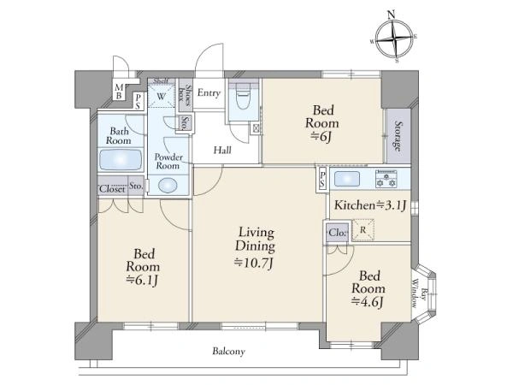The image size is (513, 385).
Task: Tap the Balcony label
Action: click(x=228, y=352)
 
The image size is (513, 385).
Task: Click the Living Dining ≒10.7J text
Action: click(x=255, y=247)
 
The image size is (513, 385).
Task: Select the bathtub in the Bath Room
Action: click(x=121, y=160)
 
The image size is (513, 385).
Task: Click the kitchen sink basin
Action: click(x=347, y=179)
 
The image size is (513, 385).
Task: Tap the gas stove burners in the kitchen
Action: click(x=386, y=179)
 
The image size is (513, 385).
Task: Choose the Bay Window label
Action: click(x=419, y=293)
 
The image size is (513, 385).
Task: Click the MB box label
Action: click(x=119, y=92)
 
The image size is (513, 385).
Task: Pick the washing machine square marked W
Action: click(x=162, y=96)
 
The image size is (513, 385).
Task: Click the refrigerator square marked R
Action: click(x=363, y=230)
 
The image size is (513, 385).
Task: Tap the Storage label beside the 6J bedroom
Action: click(x=398, y=136)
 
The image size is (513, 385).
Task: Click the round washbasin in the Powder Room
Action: click(x=168, y=186)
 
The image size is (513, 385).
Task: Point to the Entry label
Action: click(x=209, y=93)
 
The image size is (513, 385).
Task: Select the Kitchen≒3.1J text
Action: click(x=370, y=205)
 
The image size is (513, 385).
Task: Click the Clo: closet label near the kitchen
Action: click(x=338, y=233)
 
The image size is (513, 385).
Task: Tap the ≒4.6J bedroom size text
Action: click(x=367, y=302)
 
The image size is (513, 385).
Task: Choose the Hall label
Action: click(x=222, y=151)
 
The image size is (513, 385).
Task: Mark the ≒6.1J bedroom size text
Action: click(x=143, y=281)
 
